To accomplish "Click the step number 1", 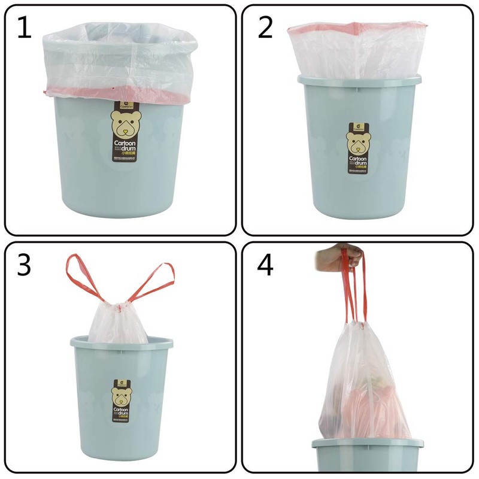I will [x=24, y=28].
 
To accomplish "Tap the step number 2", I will [x=265, y=28].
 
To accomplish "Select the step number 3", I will [x=24, y=265].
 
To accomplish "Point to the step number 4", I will [x=265, y=265].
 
